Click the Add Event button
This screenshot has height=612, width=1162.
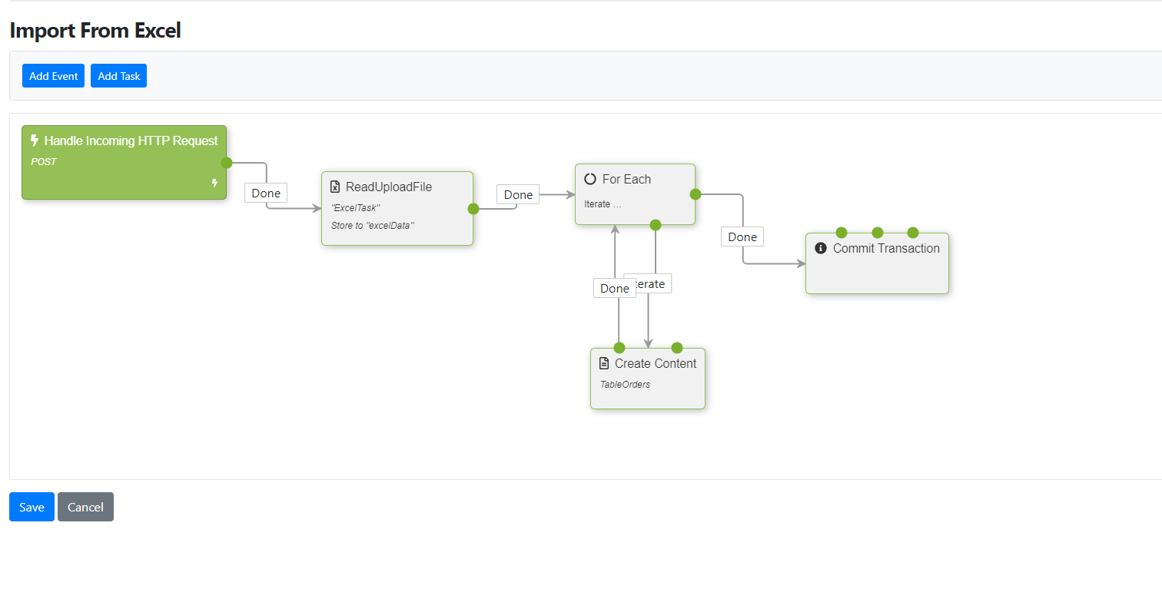tap(53, 76)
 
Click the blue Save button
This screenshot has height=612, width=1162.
tap(32, 507)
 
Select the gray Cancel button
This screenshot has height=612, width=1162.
tap(85, 507)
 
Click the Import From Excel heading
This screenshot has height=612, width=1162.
tap(95, 31)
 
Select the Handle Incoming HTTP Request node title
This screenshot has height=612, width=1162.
tap(131, 141)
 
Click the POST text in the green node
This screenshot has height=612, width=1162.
tap(44, 162)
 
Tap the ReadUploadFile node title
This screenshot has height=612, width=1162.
tap(389, 187)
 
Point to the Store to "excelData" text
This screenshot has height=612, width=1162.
tap(373, 225)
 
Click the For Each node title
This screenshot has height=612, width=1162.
tap(626, 179)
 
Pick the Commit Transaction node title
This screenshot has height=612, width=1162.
tap(886, 248)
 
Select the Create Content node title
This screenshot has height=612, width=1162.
tap(656, 363)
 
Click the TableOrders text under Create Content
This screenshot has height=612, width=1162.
tap(625, 384)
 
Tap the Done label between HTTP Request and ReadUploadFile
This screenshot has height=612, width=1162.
tap(266, 193)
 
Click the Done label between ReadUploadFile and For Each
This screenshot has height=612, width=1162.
tap(518, 194)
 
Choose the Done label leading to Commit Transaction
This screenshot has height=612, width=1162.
tap(742, 237)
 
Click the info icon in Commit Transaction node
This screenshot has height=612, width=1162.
tap(821, 248)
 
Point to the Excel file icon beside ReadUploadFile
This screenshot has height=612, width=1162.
tap(335, 187)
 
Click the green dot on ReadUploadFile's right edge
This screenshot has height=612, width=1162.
tap(473, 208)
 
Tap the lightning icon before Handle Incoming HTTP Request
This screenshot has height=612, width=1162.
tap(35, 141)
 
